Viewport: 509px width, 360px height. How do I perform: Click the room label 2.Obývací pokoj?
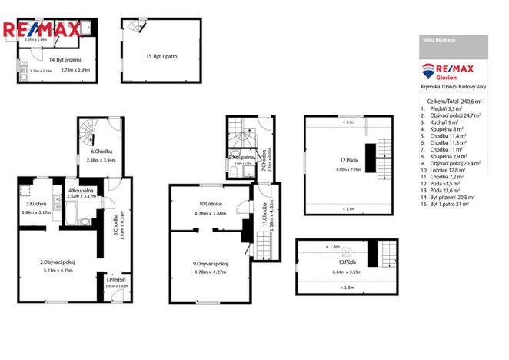point(57,262)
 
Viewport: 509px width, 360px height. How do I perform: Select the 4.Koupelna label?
point(81,190)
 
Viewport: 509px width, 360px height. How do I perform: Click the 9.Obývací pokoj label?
point(211,264)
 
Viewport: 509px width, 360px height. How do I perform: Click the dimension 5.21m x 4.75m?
point(57,271)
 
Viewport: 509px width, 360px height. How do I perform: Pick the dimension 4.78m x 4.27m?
point(211,272)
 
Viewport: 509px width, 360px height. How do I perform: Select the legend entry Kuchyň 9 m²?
point(444,122)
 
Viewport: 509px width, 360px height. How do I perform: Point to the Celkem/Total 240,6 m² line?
point(454,101)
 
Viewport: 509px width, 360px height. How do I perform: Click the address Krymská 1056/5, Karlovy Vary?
point(451,88)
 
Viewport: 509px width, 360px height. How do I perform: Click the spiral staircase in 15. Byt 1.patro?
point(135,28)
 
